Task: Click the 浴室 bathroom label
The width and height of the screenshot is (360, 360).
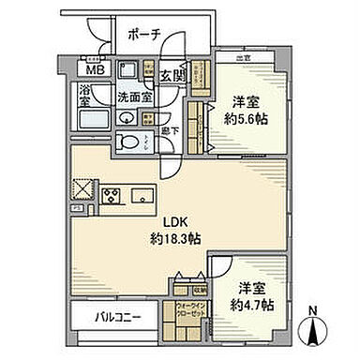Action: coord(84,95)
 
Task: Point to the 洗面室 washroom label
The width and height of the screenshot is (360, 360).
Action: coord(131,97)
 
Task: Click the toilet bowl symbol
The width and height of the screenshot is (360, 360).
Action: coord(127,141)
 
